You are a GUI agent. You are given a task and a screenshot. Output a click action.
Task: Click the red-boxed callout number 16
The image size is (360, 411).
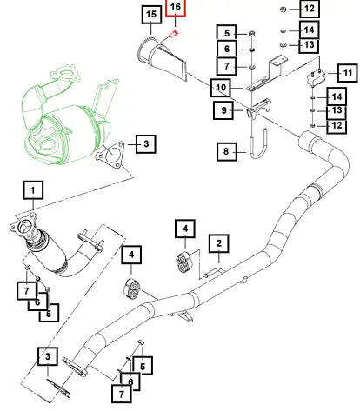(x=176, y=7)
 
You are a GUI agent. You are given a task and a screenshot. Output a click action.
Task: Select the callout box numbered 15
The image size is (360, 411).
(x=151, y=15)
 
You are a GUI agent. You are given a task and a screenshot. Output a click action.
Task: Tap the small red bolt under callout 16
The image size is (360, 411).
(x=174, y=33)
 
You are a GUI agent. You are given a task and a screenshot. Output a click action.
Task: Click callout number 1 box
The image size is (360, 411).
(x=33, y=190)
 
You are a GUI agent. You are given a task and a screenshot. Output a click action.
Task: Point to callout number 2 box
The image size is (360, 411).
(x=219, y=243)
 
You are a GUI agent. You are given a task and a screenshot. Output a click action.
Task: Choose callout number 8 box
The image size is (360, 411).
(x=227, y=151)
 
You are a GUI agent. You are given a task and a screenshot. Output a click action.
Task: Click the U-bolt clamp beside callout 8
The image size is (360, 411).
(x=258, y=143)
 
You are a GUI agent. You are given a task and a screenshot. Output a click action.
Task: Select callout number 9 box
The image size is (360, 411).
(x=223, y=110)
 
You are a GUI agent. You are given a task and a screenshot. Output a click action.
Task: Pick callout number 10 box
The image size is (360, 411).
(x=221, y=88)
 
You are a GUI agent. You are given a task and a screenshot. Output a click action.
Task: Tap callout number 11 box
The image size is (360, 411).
(x=347, y=73)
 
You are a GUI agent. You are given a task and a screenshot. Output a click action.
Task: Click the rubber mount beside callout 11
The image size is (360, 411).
(x=316, y=77)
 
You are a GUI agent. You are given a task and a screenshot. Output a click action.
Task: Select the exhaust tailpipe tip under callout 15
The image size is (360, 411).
(x=163, y=58)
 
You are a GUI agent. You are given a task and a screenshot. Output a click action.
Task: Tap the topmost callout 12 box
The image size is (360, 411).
(x=310, y=9)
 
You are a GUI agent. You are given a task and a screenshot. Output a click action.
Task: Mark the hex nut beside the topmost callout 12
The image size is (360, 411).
(x=283, y=10)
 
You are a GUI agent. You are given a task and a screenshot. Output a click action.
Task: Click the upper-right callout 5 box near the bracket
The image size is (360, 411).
(x=227, y=33)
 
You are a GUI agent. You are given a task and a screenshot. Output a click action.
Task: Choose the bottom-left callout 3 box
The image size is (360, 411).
(x=48, y=356)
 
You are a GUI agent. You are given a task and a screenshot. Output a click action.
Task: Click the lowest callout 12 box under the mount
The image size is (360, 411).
(x=337, y=126)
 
